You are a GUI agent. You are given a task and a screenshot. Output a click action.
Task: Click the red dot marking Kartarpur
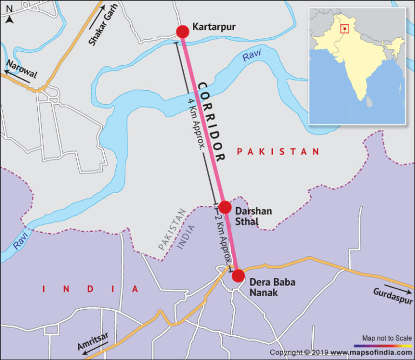point(183,31)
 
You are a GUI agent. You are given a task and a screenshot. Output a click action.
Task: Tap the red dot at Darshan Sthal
point(225,208)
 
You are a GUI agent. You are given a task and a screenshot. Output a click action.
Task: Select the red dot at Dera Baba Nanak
point(238,276)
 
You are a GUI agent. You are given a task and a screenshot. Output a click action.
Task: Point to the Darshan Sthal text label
point(253,216)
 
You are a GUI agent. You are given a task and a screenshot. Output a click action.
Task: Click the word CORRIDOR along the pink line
point(211,122)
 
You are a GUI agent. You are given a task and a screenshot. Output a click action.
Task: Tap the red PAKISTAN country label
point(278,152)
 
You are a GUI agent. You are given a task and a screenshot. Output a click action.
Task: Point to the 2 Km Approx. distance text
point(224,240)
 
